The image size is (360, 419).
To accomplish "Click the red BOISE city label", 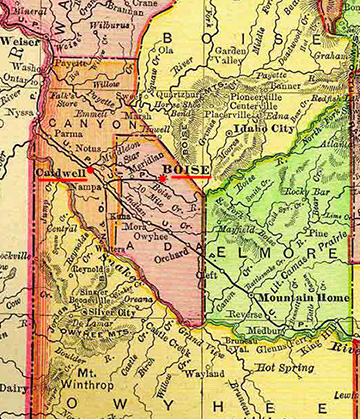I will click(187, 171).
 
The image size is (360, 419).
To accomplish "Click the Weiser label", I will click(17, 41).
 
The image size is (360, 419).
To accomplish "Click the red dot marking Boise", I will click(162, 178).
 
